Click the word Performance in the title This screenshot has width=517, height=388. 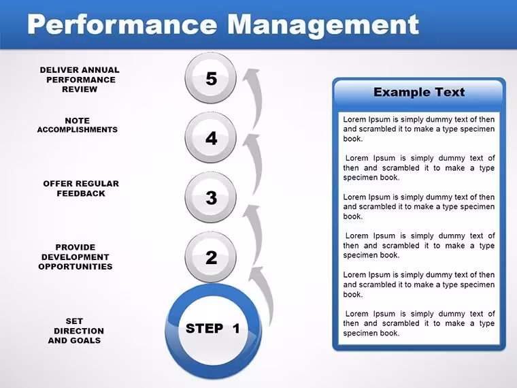122,24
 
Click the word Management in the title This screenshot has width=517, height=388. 323,26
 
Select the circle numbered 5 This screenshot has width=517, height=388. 211,78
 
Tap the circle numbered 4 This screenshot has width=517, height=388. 211,138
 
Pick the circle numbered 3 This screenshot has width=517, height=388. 211,197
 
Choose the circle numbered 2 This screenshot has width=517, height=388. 211,257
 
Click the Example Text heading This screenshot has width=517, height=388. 419,92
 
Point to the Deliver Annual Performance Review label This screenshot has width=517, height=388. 80,80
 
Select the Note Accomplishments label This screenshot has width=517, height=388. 77,125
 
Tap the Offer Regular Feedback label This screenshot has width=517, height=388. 81,189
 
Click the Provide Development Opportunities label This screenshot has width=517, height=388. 76,257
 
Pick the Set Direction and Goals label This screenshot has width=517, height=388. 76,331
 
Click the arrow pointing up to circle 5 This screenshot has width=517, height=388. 256,99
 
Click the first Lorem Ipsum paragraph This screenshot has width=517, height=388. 419,129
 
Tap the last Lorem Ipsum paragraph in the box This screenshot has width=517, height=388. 419,323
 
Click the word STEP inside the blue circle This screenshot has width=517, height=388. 205,329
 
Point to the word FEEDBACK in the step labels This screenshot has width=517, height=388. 81,193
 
